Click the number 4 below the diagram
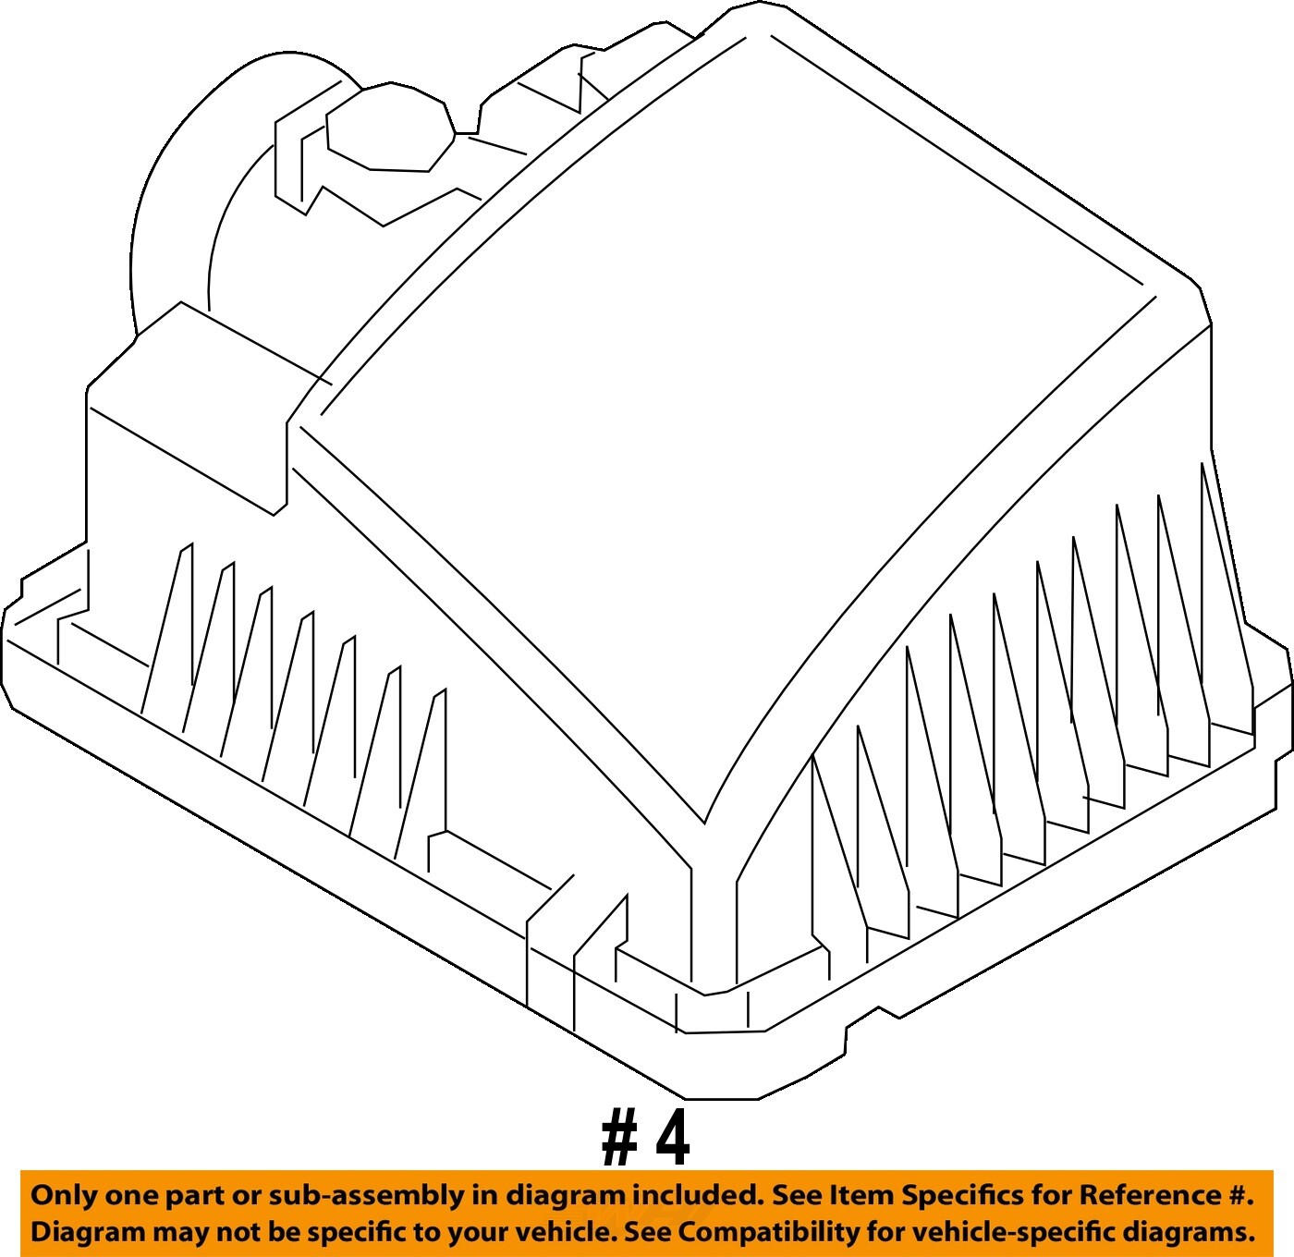click(673, 1141)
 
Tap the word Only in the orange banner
click(56, 1195)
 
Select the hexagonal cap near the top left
click(389, 127)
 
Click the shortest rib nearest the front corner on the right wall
click(821, 858)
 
